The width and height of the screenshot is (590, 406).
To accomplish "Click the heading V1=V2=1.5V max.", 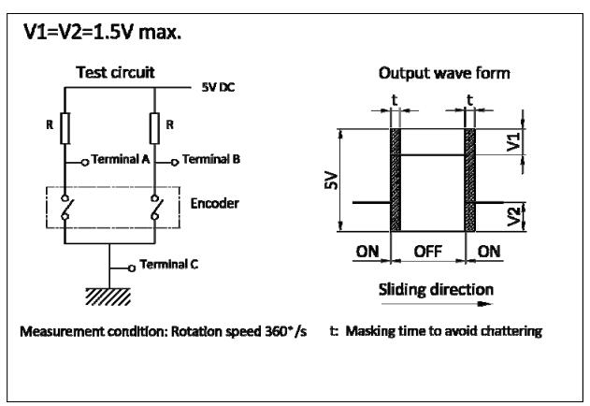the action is (102, 32).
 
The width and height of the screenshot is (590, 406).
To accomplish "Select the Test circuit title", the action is (115, 72).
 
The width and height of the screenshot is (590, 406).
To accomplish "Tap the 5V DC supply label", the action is (218, 87).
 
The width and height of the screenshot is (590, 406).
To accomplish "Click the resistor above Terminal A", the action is (65, 128).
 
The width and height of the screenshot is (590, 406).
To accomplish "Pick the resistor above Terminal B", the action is (154, 128).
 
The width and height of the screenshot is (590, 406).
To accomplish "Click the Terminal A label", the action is (121, 159).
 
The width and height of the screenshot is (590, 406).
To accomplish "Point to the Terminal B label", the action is (211, 159).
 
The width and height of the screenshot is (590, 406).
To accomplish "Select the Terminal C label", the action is (169, 265).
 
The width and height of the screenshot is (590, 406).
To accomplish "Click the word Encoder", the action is (214, 203).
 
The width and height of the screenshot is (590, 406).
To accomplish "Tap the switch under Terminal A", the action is (66, 207).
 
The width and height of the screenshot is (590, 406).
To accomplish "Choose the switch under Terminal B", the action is (156, 207).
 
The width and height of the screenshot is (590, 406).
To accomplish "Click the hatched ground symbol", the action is (108, 297).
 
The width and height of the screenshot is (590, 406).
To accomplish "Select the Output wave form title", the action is (444, 73).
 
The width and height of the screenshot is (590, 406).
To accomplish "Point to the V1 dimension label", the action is (513, 142).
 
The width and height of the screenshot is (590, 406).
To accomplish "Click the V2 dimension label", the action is (513, 216).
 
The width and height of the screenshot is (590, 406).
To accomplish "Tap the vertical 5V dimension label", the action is (331, 180).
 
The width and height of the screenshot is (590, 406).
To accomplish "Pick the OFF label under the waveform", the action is (428, 252).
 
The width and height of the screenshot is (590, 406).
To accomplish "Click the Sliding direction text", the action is (436, 289).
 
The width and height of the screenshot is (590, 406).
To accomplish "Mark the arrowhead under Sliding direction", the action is (485, 304).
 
